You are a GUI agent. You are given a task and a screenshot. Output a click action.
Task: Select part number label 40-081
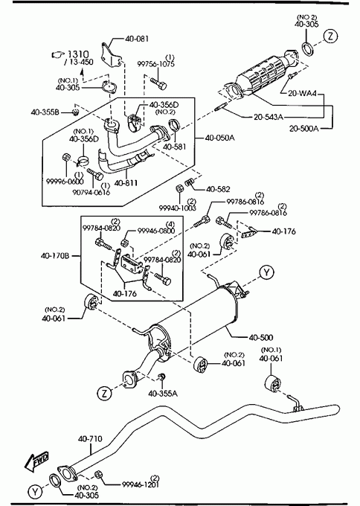(x=137, y=39)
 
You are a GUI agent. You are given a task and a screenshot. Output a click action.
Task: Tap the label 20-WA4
(x=303, y=94)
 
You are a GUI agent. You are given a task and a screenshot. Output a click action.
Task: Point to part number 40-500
(x=261, y=338)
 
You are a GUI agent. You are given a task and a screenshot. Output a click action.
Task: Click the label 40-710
(x=90, y=439)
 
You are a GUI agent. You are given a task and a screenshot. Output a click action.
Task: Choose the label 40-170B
(x=55, y=256)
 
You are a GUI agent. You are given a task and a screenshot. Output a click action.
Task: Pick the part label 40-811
(x=126, y=183)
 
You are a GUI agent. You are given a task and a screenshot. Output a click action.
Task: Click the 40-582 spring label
(x=218, y=189)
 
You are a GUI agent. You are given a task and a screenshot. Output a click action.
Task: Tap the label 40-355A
(x=163, y=394)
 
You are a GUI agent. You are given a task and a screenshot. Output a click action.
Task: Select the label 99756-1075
(x=155, y=64)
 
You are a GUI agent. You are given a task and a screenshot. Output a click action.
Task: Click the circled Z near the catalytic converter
(x=330, y=36)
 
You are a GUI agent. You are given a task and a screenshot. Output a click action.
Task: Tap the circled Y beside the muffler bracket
(x=266, y=272)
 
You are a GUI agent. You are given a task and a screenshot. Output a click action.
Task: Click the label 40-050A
(x=219, y=138)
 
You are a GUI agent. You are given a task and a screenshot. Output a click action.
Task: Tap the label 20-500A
(x=304, y=129)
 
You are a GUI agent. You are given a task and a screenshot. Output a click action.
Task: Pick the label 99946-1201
(x=141, y=484)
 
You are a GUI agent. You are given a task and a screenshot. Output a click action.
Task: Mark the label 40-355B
(x=45, y=112)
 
